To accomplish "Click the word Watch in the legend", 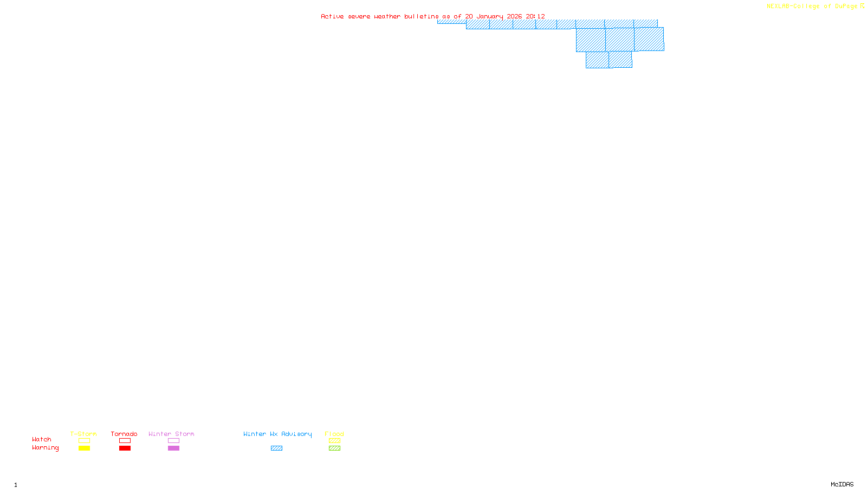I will (x=42, y=439).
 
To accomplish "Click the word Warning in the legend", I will (x=45, y=448).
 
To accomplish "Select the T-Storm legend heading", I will (x=83, y=434).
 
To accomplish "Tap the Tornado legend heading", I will (x=124, y=434).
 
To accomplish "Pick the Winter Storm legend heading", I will (x=171, y=434).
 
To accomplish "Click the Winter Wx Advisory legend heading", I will (x=277, y=434).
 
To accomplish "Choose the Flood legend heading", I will (x=334, y=434).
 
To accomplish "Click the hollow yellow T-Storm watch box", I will (x=84, y=441).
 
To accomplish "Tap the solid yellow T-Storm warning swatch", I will (x=84, y=448).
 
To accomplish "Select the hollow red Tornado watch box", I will (x=125, y=441).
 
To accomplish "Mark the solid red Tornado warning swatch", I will (x=125, y=448).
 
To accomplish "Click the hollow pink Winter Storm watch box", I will (x=173, y=441).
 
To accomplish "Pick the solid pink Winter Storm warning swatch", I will (x=173, y=448).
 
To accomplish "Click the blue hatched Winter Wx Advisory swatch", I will (x=276, y=448).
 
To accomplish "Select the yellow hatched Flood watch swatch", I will (x=334, y=441).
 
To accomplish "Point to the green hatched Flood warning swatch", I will (x=334, y=448).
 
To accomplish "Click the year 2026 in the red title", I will (x=514, y=16).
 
